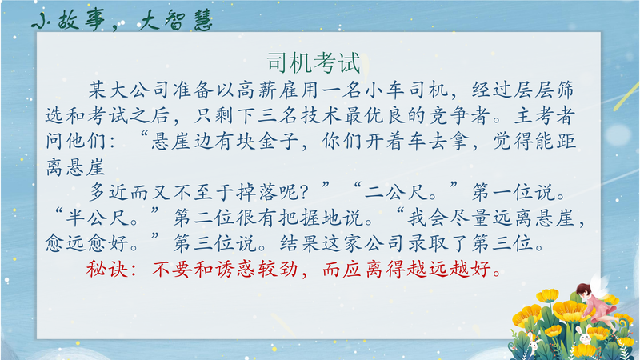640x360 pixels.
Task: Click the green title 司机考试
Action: pos(314,63)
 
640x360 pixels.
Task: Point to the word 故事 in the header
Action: pos(82,20)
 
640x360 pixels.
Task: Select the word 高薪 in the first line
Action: pos(258,90)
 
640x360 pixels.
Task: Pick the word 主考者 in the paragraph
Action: pos(545,115)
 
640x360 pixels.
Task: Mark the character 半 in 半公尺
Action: pos(76,218)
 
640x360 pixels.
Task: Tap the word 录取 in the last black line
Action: pos(429,243)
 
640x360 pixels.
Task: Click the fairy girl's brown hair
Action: pos(584,291)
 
